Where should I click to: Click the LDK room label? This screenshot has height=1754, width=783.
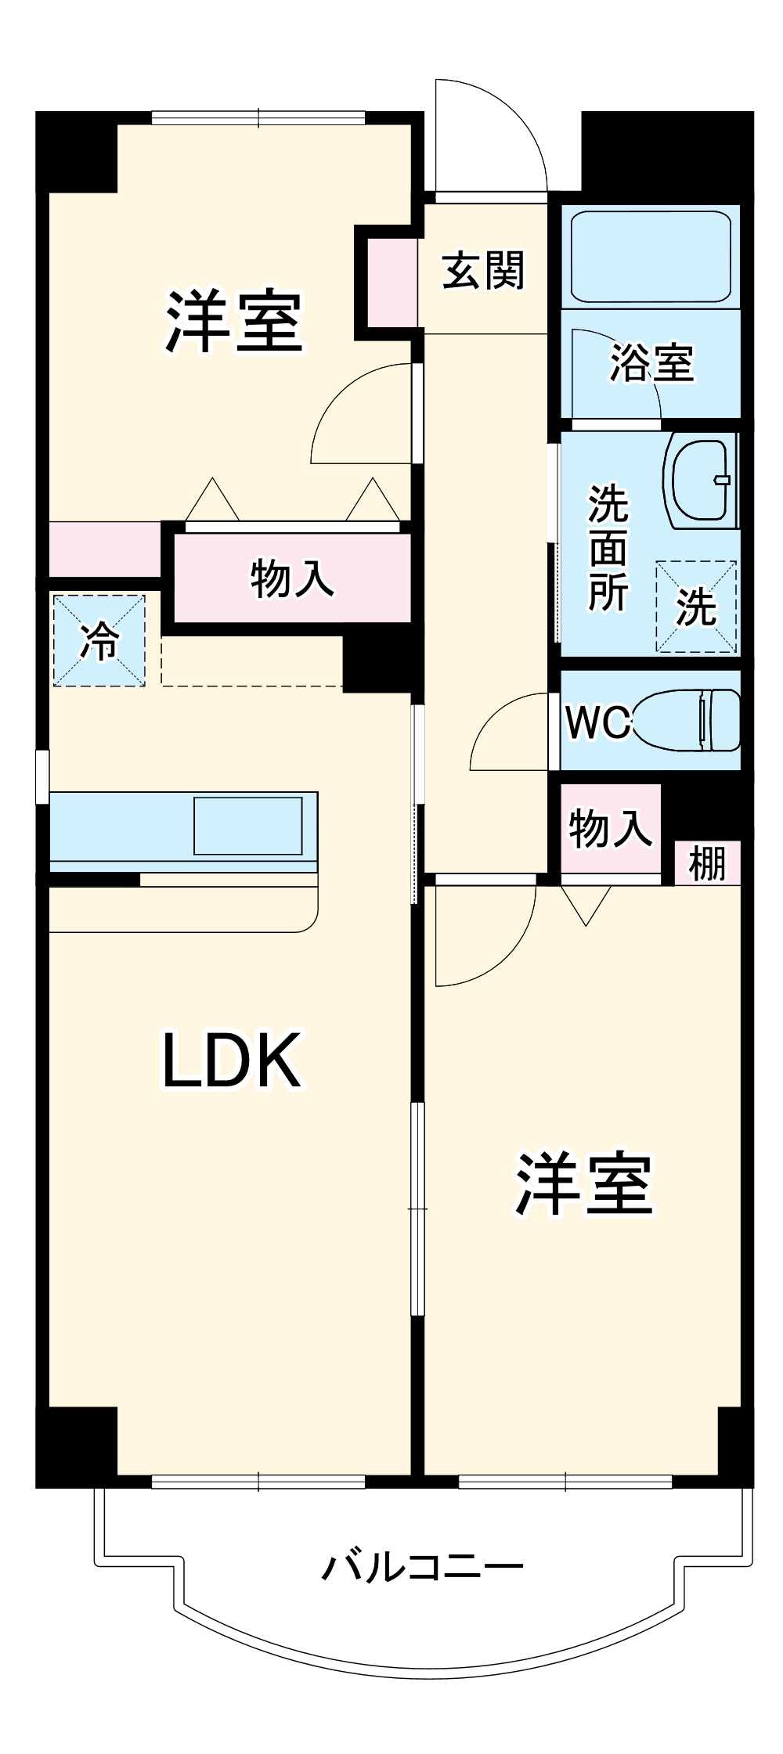[x=232, y=1061]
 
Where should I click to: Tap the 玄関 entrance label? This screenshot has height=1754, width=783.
[x=483, y=271]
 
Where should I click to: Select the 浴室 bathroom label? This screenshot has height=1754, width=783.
[x=651, y=362]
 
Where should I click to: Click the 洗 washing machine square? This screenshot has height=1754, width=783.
[x=696, y=606]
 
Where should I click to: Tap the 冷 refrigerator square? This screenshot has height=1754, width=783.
[x=99, y=640]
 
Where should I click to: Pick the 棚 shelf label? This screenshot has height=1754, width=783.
[x=707, y=864]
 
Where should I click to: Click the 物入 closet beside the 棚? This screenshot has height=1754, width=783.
[x=610, y=828]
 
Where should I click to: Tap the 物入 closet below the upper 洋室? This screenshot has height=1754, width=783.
[x=292, y=579]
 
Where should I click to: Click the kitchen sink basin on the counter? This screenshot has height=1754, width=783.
[x=247, y=826]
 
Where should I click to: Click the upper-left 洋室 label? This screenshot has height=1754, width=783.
[x=233, y=322]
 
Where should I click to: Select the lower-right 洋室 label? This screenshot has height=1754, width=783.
[x=583, y=1184]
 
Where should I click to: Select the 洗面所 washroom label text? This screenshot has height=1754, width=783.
[x=608, y=548]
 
